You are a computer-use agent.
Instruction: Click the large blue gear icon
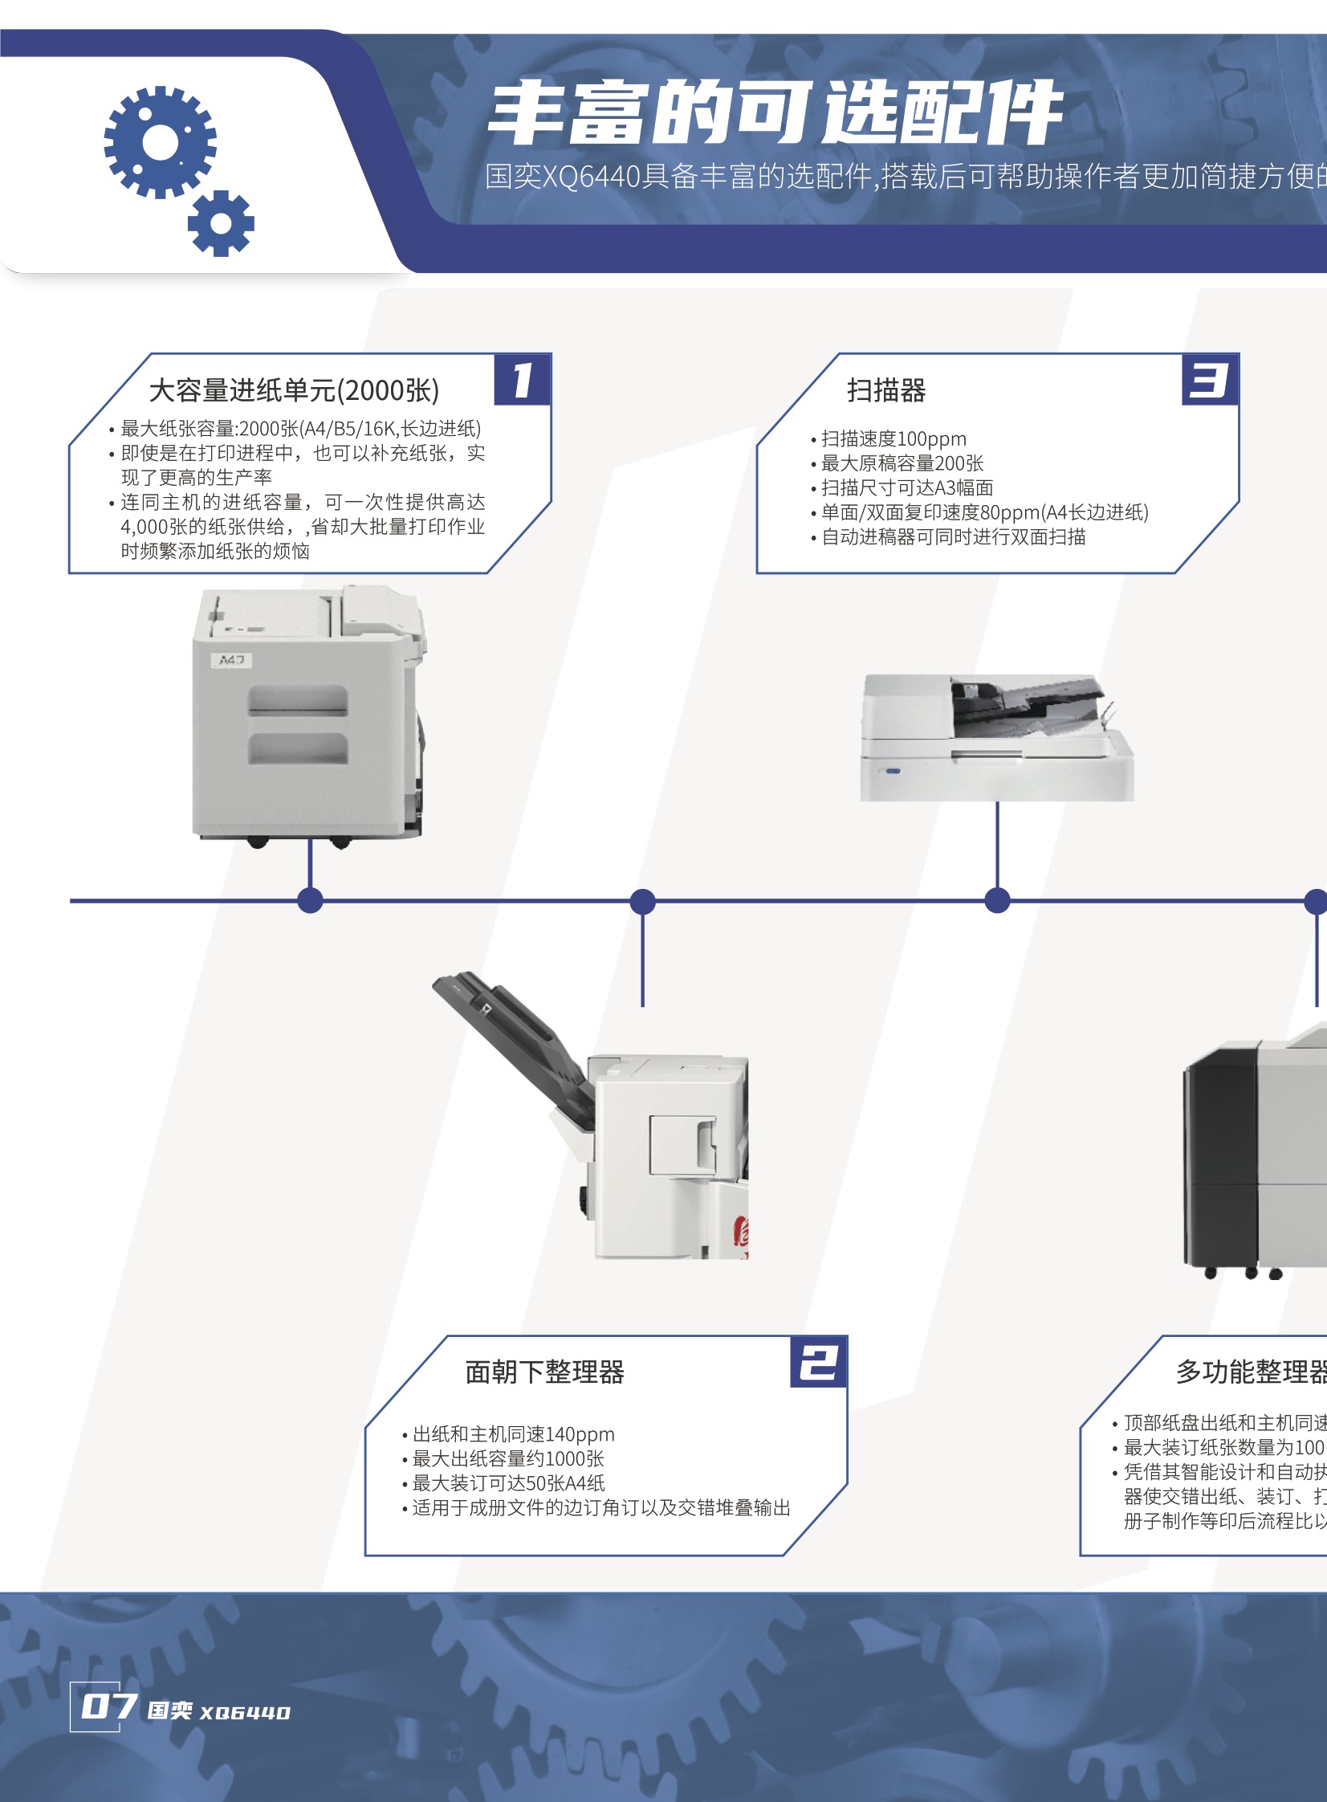160,142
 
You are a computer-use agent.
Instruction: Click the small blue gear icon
221,223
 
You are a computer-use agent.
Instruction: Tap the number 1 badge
523,380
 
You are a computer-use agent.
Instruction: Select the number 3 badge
1210,380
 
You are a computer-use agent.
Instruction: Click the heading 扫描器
886,390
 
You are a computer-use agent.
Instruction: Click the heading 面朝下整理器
544,1372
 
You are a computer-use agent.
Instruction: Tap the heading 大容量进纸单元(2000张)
294,390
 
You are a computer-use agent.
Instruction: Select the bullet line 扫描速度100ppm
893,438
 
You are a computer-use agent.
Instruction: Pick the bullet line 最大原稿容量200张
902,463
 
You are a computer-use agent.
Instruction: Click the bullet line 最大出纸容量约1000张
507,1459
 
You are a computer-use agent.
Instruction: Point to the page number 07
106,1706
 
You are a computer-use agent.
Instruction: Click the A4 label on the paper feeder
231,660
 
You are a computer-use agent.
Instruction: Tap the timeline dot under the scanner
997,900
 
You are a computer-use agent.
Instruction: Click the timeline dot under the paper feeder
310,900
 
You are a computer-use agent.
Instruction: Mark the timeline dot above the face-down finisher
642,900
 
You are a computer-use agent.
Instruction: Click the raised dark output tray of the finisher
514,1037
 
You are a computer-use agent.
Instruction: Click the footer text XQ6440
245,1713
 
